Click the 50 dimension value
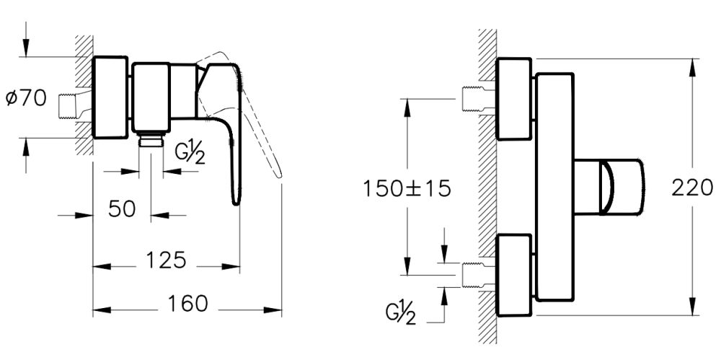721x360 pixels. (x=123, y=209)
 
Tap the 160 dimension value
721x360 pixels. (x=190, y=304)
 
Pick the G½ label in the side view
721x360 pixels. (x=190, y=154)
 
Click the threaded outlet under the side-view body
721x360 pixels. (x=151, y=140)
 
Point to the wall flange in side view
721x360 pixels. (x=111, y=97)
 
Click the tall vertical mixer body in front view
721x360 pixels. (x=555, y=186)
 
